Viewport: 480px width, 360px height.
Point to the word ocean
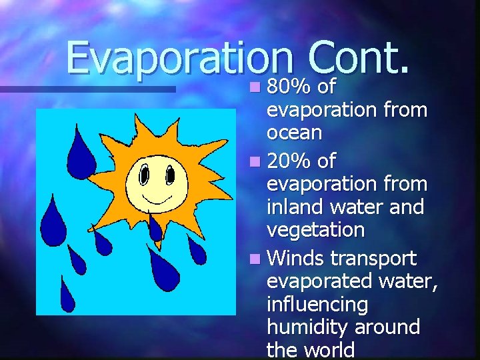(x=294, y=133)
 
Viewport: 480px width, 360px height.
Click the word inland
(x=294, y=207)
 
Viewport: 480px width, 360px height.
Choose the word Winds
(x=295, y=258)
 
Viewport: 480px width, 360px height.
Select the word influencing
(x=317, y=305)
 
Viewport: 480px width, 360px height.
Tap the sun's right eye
(x=169, y=175)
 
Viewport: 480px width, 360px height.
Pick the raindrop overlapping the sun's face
(x=155, y=227)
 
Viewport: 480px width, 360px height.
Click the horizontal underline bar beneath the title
(x=87, y=89)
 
